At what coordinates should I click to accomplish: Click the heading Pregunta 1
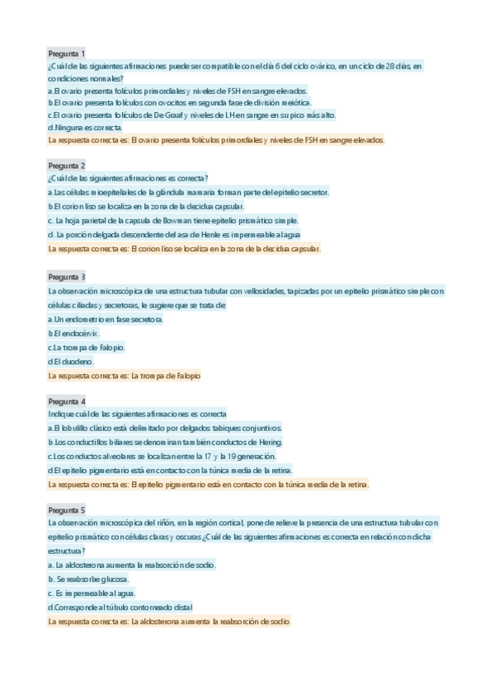(67, 53)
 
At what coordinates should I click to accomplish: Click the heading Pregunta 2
(67, 165)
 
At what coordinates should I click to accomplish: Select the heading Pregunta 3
(67, 276)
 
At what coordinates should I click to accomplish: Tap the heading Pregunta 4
(67, 400)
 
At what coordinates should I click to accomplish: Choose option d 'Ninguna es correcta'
(85, 128)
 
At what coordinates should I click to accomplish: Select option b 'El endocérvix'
(74, 333)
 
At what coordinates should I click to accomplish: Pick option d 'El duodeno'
(72, 361)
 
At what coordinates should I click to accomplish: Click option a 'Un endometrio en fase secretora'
(106, 319)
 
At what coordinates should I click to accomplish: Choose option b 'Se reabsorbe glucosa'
(88, 579)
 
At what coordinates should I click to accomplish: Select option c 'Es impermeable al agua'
(92, 593)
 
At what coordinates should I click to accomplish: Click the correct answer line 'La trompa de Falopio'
(125, 376)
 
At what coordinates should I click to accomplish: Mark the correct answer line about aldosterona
(169, 622)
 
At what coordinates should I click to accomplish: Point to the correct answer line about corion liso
(184, 248)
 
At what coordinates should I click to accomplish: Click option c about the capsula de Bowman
(173, 220)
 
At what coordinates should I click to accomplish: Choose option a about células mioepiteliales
(189, 192)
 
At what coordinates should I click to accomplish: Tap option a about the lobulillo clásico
(165, 429)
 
